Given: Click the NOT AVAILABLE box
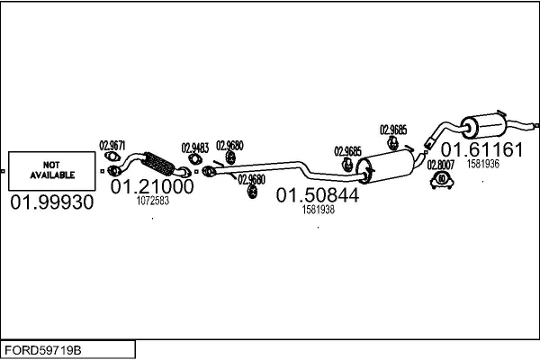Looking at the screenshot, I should pyautogui.click(x=50, y=169).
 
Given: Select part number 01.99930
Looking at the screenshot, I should pyautogui.click(x=51, y=203).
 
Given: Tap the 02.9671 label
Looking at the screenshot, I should pyautogui.click(x=112, y=145).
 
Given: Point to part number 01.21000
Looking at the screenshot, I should pyautogui.click(x=152, y=187).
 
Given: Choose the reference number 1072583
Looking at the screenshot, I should pyautogui.click(x=152, y=202).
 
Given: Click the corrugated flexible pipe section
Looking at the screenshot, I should pyautogui.click(x=158, y=166).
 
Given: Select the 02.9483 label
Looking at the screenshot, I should pyautogui.click(x=195, y=148).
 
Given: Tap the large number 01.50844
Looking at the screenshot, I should pyautogui.click(x=318, y=194).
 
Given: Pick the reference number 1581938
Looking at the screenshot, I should pyautogui.click(x=318, y=210).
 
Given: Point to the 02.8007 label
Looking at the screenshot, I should pyautogui.click(x=442, y=165).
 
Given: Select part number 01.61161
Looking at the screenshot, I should pyautogui.click(x=481, y=149).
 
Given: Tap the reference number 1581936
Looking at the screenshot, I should pyautogui.click(x=483, y=164).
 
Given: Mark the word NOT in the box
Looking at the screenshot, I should pyautogui.click(x=50, y=165).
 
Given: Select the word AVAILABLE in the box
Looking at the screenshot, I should pyautogui.click(x=50, y=175).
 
